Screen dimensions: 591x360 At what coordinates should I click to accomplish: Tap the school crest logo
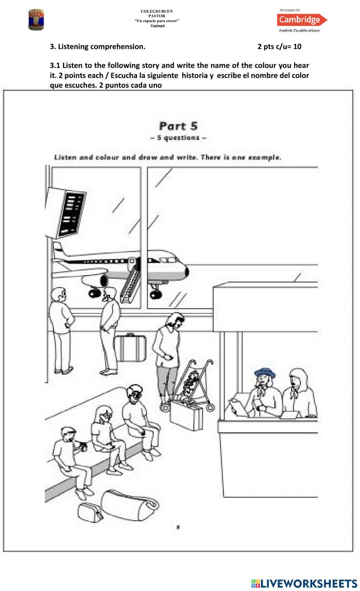tap(36, 21)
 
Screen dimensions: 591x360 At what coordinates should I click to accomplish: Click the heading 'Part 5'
tap(178, 126)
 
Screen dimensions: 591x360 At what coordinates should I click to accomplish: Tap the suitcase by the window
tap(132, 348)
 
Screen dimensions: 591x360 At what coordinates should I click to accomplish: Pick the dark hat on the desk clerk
tap(264, 373)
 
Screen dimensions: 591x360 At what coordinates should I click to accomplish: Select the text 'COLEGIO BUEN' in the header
tap(157, 12)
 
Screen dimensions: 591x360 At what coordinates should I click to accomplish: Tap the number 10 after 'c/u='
tap(297, 46)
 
